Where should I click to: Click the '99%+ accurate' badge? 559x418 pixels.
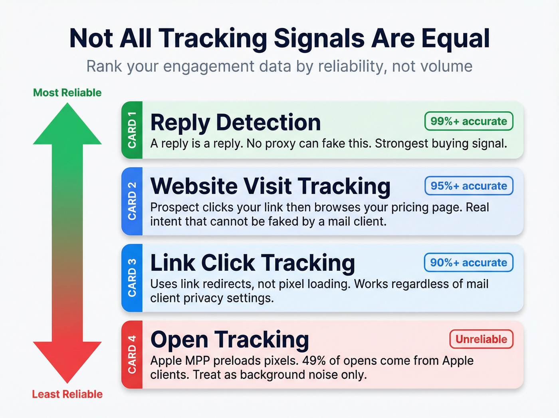click(x=469, y=121)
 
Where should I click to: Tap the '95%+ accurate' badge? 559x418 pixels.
click(x=469, y=186)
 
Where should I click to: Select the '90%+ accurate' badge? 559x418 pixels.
click(x=468, y=263)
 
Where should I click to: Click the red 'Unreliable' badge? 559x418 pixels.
click(x=481, y=339)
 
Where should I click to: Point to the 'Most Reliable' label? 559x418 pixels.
click(x=67, y=93)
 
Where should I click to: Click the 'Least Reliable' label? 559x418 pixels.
click(x=67, y=394)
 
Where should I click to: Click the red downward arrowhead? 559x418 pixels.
click(x=67, y=360)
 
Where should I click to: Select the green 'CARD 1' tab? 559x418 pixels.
click(x=132, y=130)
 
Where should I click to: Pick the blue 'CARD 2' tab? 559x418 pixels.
click(x=132, y=201)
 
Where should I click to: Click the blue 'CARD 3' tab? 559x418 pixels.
click(x=132, y=278)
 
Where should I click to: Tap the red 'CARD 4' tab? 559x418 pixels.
click(x=132, y=354)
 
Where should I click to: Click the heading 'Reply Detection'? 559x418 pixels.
click(x=235, y=122)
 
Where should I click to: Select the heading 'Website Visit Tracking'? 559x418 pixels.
click(x=270, y=186)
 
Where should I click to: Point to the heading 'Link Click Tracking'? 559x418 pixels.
click(x=252, y=263)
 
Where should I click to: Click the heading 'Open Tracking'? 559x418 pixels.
click(x=230, y=340)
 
